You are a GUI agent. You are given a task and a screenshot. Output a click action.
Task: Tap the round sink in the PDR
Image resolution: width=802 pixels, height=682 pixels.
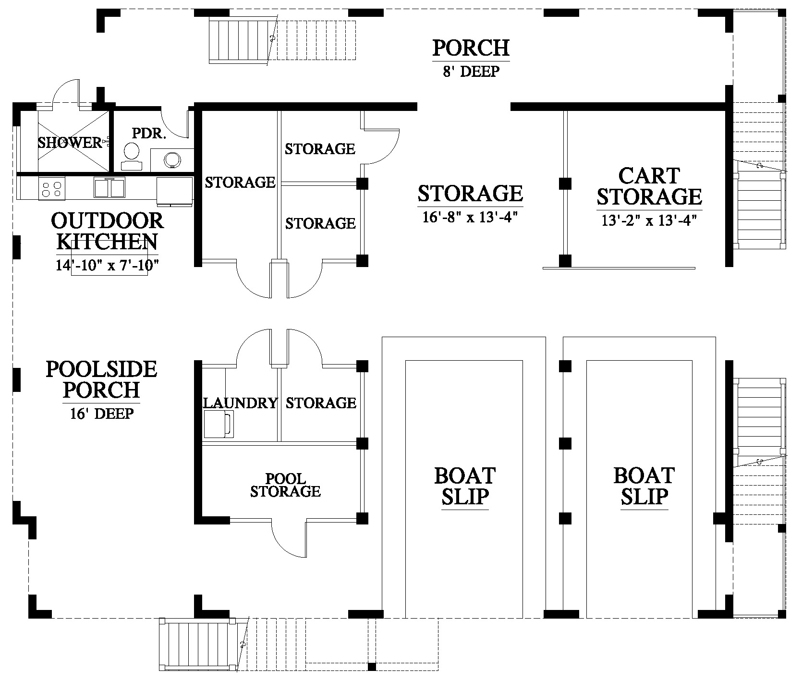click(x=171, y=160)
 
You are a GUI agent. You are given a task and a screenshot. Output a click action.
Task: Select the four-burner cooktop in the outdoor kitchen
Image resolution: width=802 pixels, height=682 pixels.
click(x=52, y=188)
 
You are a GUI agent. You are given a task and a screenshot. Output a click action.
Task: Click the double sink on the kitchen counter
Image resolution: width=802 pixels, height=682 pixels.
click(x=109, y=187)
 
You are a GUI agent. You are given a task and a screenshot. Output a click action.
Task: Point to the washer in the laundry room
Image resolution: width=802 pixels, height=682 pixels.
click(x=219, y=424)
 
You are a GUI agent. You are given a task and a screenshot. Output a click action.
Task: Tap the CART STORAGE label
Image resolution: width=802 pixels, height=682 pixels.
click(x=649, y=186)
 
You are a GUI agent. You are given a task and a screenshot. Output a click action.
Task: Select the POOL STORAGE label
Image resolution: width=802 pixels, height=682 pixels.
click(x=285, y=485)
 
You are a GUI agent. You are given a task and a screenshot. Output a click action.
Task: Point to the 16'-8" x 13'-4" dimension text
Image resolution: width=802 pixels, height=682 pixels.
click(x=470, y=218)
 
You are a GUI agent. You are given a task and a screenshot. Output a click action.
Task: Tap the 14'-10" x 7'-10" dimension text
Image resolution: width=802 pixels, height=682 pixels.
click(x=107, y=265)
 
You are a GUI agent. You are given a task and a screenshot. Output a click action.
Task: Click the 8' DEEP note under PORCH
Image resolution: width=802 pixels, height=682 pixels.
click(x=471, y=72)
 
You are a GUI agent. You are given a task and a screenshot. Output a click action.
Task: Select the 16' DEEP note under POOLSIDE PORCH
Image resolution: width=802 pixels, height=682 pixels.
click(x=101, y=414)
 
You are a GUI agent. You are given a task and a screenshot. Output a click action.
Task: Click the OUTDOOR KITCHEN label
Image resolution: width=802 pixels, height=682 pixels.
click(x=107, y=231)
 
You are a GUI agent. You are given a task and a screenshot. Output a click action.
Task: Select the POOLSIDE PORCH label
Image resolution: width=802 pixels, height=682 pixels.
click(x=101, y=379)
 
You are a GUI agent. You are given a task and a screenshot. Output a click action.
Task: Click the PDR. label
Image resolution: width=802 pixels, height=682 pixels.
click(x=149, y=133)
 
